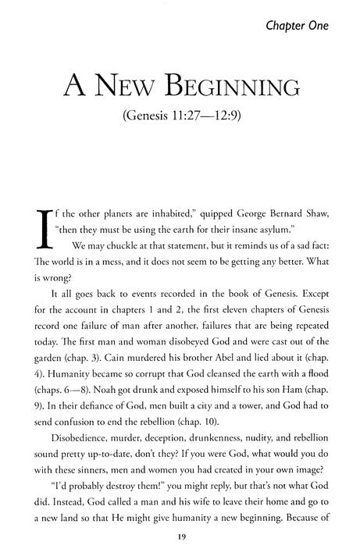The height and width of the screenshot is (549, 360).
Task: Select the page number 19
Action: click(180, 535)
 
